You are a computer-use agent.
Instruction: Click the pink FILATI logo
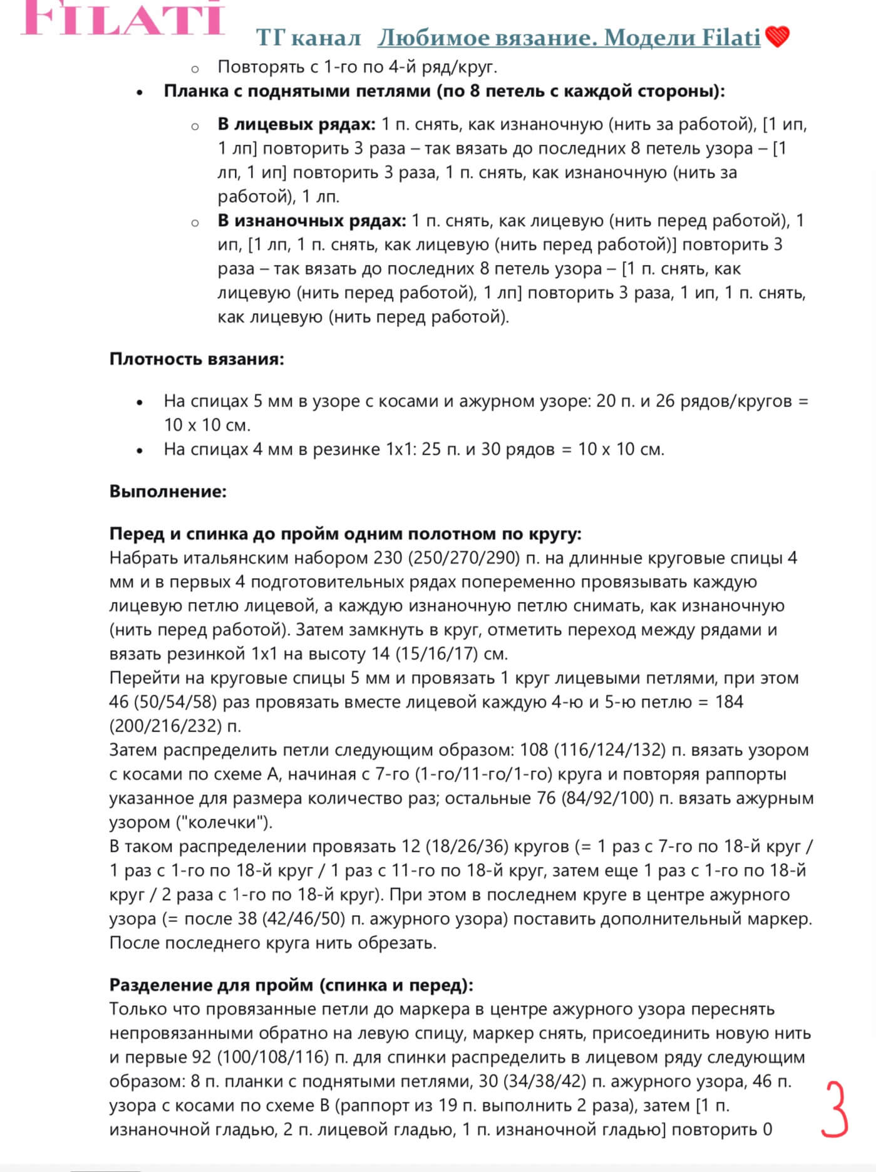(123, 18)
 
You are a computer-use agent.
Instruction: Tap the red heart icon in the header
(777, 37)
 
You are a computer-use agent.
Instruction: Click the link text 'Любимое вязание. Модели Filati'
(569, 38)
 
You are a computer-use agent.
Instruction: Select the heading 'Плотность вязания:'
(197, 359)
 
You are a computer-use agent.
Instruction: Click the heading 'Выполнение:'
(168, 491)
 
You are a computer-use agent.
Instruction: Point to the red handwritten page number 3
(834, 1109)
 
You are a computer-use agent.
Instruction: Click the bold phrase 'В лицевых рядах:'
(296, 124)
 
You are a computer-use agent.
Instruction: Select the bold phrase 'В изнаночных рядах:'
(312, 220)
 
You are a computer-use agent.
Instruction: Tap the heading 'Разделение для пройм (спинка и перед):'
(291, 985)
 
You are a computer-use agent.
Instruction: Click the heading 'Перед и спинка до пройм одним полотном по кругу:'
(345, 534)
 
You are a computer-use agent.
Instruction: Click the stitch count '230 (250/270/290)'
(446, 557)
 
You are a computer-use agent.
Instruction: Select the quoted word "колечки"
(222, 822)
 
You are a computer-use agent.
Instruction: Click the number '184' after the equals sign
(728, 702)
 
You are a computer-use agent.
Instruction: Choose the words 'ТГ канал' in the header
(308, 38)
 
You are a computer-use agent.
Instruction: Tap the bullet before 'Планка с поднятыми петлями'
(140, 92)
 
